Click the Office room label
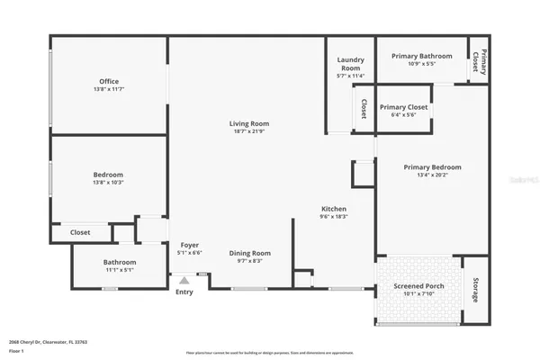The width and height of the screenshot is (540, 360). coord(109,82)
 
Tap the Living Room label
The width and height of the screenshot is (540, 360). coord(252,124)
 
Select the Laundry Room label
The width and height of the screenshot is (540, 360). coord(350,64)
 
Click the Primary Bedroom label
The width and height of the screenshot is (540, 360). coord(432,167)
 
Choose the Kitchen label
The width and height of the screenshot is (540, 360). coord(335,209)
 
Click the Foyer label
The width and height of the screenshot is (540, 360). coord(190,245)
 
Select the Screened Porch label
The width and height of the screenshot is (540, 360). coord(418,286)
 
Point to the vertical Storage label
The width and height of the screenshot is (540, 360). coord(475,290)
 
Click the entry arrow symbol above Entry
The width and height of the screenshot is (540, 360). coord(184,281)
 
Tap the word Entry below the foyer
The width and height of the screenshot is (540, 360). coord(184,292)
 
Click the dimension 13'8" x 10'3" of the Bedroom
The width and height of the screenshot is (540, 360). coord(109,182)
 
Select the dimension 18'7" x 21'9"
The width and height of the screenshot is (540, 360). coord(252,132)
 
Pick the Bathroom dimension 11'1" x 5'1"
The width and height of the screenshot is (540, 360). coord(119,270)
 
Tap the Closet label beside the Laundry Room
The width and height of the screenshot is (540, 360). coord(364,109)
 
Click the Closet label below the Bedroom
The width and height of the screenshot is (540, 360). coord(80,232)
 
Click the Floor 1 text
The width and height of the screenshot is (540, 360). coord(15,350)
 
